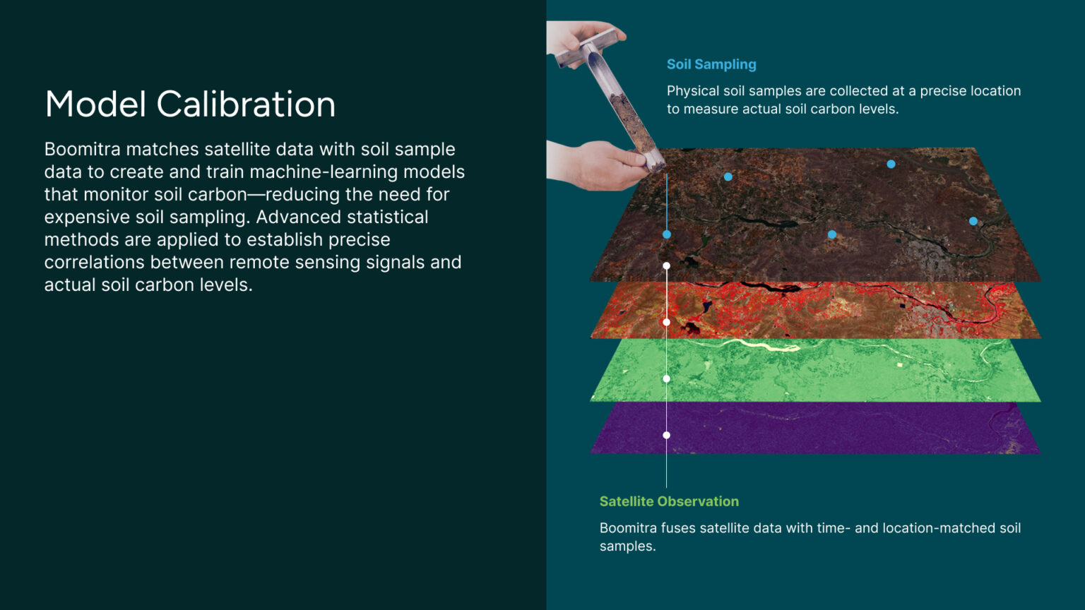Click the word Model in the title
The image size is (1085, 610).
(95, 104)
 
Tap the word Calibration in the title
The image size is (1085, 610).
(246, 104)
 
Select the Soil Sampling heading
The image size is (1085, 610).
(711, 64)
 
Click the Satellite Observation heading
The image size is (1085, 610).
(669, 501)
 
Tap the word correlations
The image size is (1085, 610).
(95, 262)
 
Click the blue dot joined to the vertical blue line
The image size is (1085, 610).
(667, 234)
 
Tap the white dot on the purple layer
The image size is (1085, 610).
(667, 435)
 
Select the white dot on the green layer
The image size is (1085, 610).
(667, 378)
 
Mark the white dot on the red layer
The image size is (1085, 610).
(667, 322)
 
